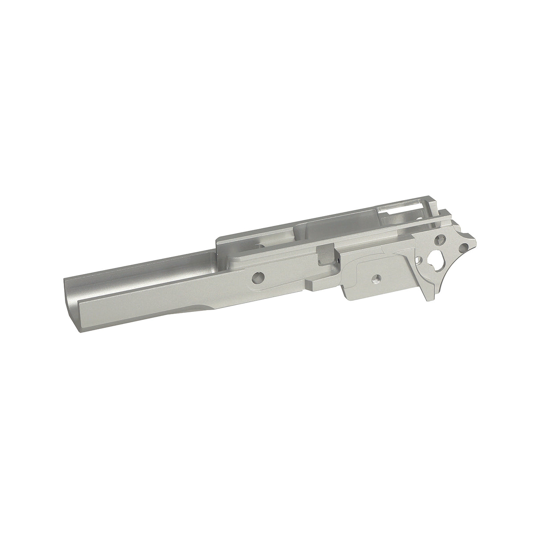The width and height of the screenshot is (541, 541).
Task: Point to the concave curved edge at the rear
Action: [x=450, y=272]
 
